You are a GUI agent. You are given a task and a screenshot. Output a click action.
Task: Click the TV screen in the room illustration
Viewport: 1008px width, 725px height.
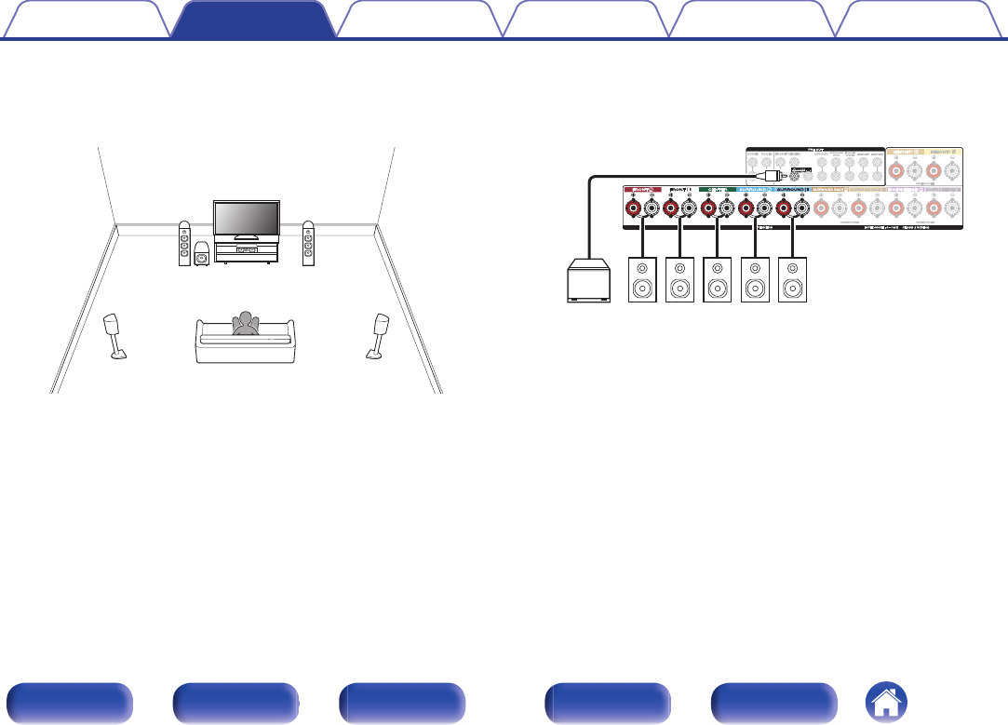pyautogui.click(x=246, y=220)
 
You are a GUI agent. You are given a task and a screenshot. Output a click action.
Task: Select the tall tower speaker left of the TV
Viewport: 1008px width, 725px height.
pyautogui.click(x=185, y=243)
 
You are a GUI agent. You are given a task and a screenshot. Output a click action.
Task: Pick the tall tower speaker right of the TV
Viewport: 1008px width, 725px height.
pyautogui.click(x=307, y=243)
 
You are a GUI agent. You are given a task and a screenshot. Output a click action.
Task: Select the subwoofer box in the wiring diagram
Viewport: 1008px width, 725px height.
pyautogui.click(x=590, y=280)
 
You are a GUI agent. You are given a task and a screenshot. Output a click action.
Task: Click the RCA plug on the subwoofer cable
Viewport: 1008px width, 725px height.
pyautogui.click(x=771, y=175)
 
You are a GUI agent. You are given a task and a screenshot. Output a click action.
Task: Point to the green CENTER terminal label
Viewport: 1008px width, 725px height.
pyautogui.click(x=716, y=189)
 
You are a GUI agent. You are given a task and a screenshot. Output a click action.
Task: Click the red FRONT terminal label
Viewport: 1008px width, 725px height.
pyautogui.click(x=641, y=189)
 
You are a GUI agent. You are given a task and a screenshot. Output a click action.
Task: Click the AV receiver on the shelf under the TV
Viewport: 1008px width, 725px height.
pyautogui.click(x=246, y=249)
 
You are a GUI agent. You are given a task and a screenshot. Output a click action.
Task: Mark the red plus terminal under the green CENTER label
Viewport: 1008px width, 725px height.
pyautogui.click(x=708, y=208)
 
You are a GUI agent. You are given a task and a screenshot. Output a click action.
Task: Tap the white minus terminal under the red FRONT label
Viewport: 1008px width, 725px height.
pyautogui.click(x=651, y=208)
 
